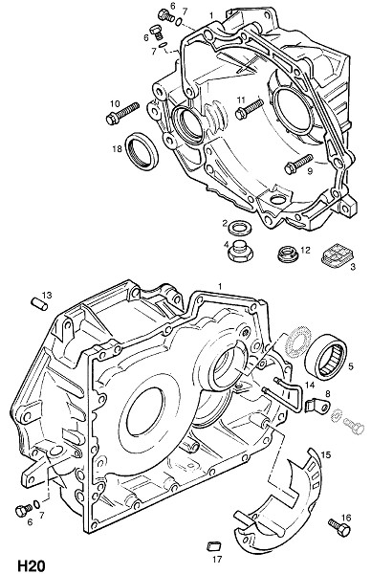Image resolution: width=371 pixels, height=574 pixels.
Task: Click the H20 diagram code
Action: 31,565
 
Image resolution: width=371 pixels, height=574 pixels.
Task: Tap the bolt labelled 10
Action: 122,114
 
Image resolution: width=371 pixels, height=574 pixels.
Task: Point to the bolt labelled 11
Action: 250,109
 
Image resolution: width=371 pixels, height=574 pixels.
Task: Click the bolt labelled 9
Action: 298,164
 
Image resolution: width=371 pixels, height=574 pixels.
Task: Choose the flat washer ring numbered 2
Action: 240,229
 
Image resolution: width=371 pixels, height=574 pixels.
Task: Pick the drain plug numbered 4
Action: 240,251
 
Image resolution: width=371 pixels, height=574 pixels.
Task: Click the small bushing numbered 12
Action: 288,254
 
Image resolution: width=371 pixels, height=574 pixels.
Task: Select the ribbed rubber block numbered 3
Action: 338,256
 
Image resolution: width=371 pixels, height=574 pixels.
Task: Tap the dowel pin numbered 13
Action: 39,304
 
